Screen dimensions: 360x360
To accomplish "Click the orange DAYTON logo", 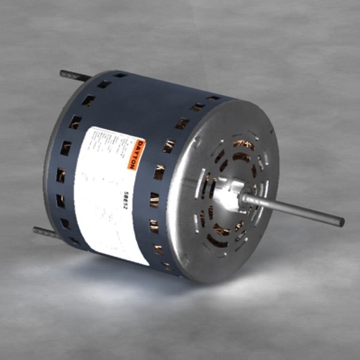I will pyautogui.click(x=138, y=154).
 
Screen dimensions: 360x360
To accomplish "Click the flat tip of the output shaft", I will pyautogui.click(x=341, y=221).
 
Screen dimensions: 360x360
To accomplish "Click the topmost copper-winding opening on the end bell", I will pyautogui.click(x=244, y=144).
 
